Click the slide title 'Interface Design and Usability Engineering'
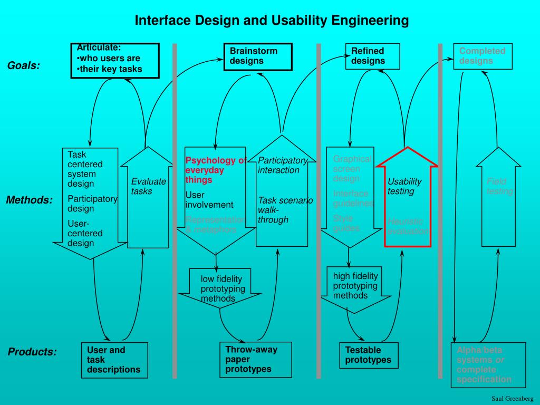[272, 21]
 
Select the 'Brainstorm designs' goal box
[256, 56]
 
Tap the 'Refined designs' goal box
[372, 56]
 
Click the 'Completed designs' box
[483, 56]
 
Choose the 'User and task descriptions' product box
[114, 360]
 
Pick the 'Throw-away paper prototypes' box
[256, 360]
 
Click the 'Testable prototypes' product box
[369, 355]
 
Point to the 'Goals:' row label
[24, 66]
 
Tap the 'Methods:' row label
[30, 200]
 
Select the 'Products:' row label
[32, 352]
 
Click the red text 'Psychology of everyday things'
[215, 170]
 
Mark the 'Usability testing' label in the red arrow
[404, 186]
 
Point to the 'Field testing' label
[499, 187]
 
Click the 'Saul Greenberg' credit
[513, 398]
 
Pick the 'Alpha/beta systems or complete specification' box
[488, 365]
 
